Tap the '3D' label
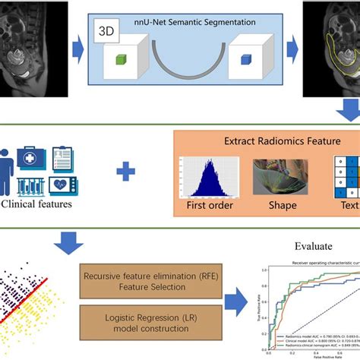click(x=104, y=33)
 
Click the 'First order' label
click(x=202, y=205)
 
